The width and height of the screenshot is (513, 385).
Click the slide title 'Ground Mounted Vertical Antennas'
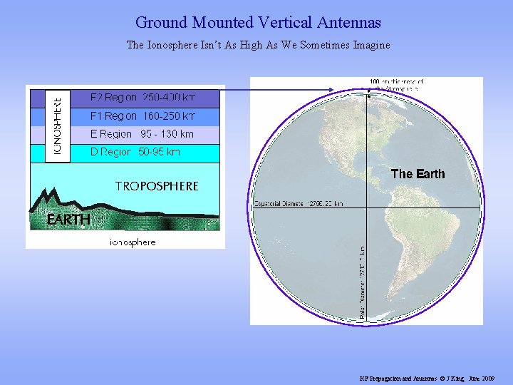(258, 24)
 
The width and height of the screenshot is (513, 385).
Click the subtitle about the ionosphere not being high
(258, 45)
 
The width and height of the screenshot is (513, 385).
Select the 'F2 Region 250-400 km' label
(142, 97)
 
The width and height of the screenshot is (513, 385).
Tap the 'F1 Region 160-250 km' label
(142, 115)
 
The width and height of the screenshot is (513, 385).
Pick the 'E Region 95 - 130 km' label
(142, 134)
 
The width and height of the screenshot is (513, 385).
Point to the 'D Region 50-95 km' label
(135, 152)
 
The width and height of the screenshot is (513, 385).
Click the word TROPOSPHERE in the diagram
(157, 186)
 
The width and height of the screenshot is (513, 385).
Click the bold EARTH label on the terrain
(68, 220)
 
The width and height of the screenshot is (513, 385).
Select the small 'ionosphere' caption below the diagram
(133, 242)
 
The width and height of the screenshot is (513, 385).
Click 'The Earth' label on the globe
(418, 174)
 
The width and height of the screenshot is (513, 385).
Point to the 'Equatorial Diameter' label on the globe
(299, 203)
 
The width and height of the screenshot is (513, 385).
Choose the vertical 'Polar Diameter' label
(363, 284)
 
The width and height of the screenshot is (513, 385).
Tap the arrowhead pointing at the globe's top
(333, 89)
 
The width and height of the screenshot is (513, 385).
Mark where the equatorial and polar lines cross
(367, 207)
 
